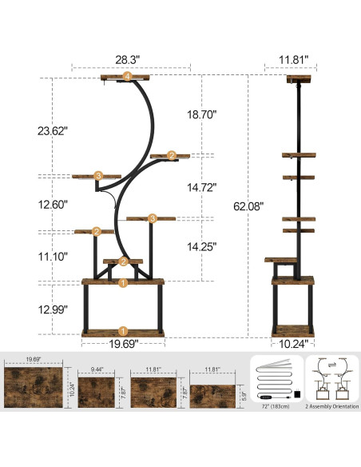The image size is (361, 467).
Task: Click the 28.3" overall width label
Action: (x=126, y=58)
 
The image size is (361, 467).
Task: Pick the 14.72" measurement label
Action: (x=196, y=188)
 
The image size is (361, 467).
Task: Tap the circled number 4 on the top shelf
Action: (x=126, y=76)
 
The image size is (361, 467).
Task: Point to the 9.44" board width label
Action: (x=97, y=370)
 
